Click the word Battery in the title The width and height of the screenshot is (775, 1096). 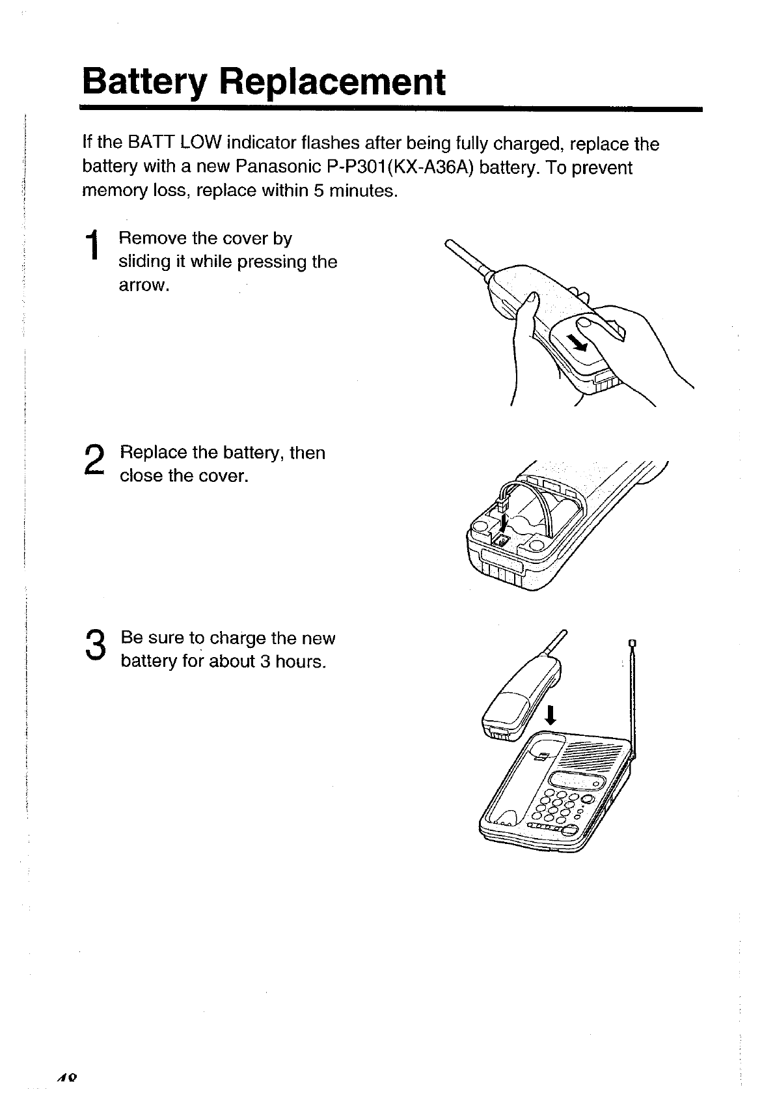pos(144,83)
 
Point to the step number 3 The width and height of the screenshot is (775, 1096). pos(94,646)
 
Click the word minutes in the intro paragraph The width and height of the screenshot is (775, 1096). pos(362,192)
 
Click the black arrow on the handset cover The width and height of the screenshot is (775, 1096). pos(577,342)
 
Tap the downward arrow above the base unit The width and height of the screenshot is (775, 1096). pos(551,716)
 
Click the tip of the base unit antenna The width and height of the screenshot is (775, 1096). pos(631,646)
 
